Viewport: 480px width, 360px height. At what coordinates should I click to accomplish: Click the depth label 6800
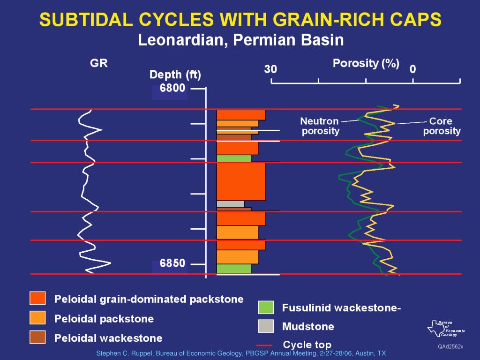click(172, 88)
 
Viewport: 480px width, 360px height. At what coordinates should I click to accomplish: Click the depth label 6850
click(172, 263)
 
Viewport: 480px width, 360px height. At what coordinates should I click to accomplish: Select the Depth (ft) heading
click(175, 75)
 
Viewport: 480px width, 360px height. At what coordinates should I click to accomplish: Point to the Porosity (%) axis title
click(366, 64)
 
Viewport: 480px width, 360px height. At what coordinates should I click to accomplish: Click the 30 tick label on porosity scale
click(270, 69)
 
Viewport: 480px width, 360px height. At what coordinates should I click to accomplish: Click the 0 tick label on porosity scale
click(412, 69)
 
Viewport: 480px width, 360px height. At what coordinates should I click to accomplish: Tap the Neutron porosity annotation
click(320, 126)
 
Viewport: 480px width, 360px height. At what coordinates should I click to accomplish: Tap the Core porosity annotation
click(441, 126)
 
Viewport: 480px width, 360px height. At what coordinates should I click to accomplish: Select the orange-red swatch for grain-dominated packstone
click(37, 298)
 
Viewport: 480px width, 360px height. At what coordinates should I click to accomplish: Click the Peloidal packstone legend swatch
click(37, 318)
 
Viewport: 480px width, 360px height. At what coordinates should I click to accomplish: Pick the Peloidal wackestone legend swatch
click(37, 337)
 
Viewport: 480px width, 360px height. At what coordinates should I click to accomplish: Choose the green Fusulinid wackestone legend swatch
click(266, 307)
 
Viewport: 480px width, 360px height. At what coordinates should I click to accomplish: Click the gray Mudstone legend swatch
click(266, 326)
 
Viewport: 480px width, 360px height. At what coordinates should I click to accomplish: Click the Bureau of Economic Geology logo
click(446, 328)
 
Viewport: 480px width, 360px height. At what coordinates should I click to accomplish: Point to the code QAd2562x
click(450, 346)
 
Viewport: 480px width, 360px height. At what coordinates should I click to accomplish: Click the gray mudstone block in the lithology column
click(230, 204)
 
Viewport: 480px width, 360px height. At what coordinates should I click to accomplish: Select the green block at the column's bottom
click(234, 269)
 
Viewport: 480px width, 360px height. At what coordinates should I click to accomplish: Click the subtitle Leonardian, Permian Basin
click(240, 40)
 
